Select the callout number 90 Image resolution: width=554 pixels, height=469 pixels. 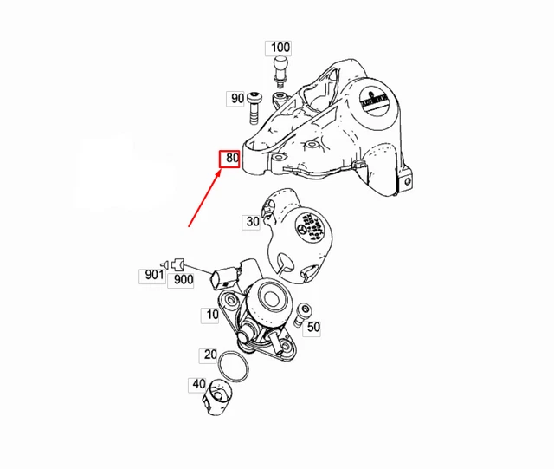click(236, 99)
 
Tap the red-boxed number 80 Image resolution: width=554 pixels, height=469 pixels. click(229, 159)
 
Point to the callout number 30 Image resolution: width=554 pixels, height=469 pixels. click(252, 222)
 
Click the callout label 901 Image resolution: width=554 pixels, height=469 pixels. click(152, 276)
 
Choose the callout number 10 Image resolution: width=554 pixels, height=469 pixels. click(212, 316)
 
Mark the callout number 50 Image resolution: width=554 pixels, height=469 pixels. click(313, 327)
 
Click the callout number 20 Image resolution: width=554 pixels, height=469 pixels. click(210, 355)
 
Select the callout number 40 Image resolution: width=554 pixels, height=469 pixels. click(198, 384)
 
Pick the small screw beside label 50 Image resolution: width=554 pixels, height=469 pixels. click(300, 314)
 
